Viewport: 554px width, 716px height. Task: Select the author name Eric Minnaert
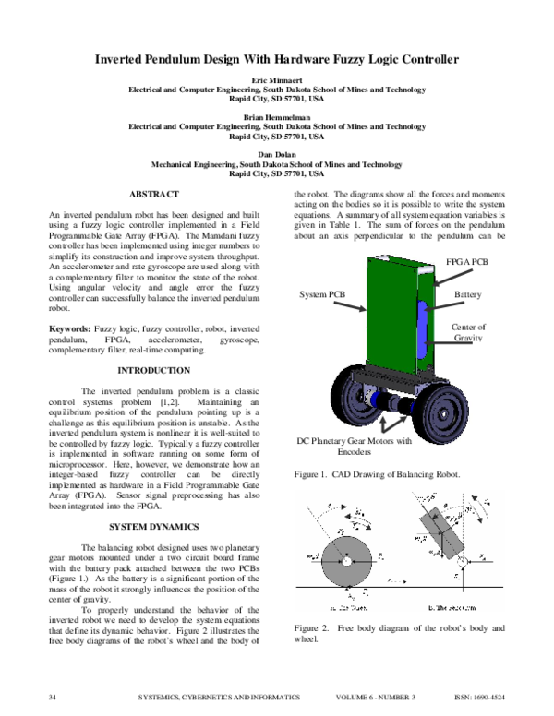click(x=277, y=81)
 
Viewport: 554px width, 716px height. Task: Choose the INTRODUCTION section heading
click(x=154, y=371)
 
